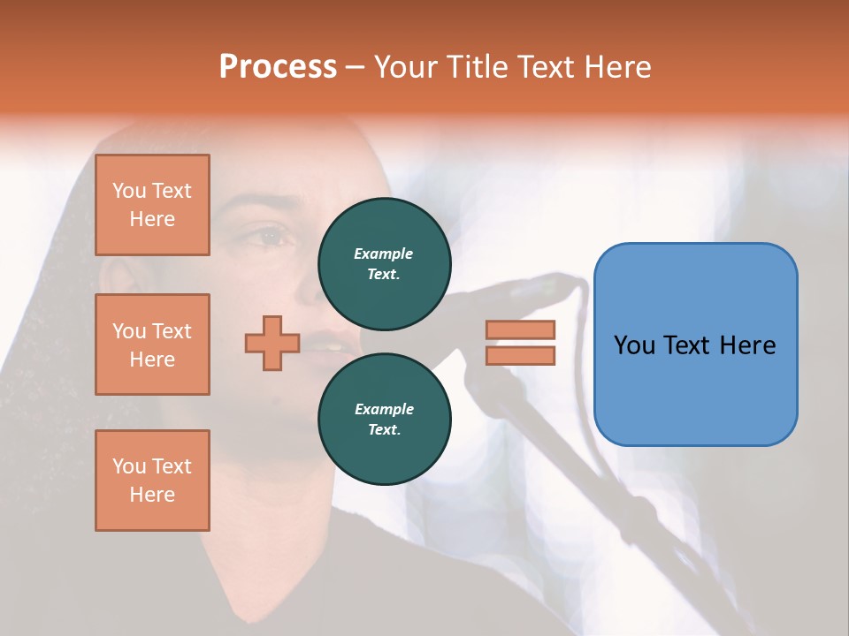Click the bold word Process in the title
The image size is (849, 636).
(278, 67)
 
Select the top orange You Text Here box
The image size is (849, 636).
(152, 205)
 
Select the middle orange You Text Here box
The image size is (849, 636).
(152, 344)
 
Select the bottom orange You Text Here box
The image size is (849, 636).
(152, 481)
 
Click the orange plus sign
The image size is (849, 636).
(272, 343)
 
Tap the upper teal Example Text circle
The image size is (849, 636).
(385, 263)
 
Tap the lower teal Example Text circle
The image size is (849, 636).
(385, 419)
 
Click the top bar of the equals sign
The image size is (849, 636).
(520, 329)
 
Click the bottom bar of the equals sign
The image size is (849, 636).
(520, 356)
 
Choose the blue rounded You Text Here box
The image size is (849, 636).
(695, 344)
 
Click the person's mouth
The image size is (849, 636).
(329, 344)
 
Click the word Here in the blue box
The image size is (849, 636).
(748, 345)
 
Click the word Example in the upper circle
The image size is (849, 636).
(384, 254)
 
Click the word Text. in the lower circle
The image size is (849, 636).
(384, 430)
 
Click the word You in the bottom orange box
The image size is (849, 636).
(129, 466)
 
